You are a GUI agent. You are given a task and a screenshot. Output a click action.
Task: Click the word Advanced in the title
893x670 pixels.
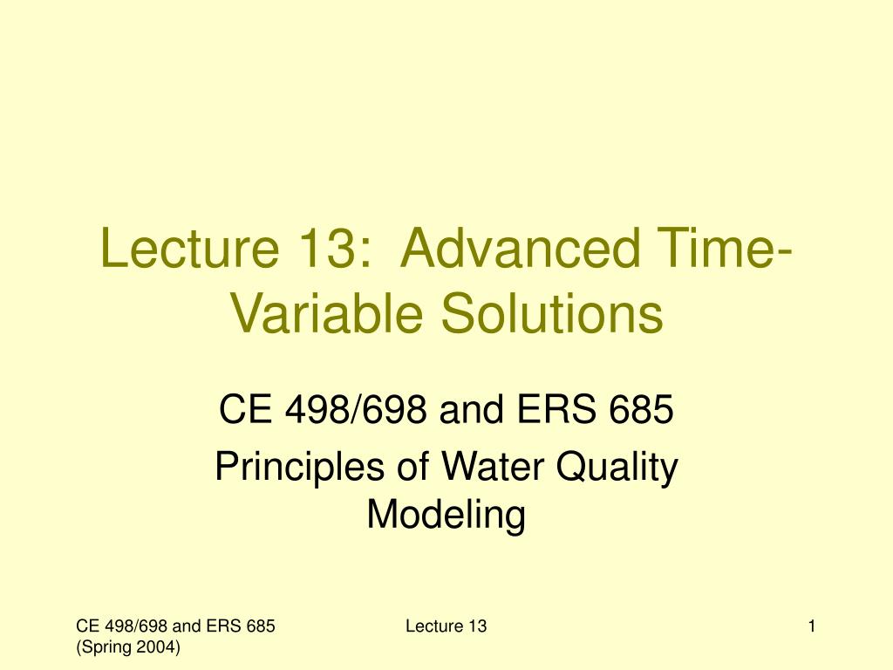520,249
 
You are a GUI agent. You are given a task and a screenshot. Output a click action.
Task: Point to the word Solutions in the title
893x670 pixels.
552,312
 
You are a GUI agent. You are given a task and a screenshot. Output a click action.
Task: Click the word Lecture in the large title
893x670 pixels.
189,249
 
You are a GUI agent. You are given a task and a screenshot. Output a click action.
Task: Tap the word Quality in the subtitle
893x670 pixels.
617,468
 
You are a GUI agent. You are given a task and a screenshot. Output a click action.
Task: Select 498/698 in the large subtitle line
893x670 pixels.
356,408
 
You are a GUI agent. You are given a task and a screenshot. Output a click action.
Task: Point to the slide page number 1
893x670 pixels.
812,626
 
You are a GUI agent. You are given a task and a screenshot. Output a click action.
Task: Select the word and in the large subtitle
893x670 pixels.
472,408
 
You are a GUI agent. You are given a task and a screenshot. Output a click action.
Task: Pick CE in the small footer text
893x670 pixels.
87,626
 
